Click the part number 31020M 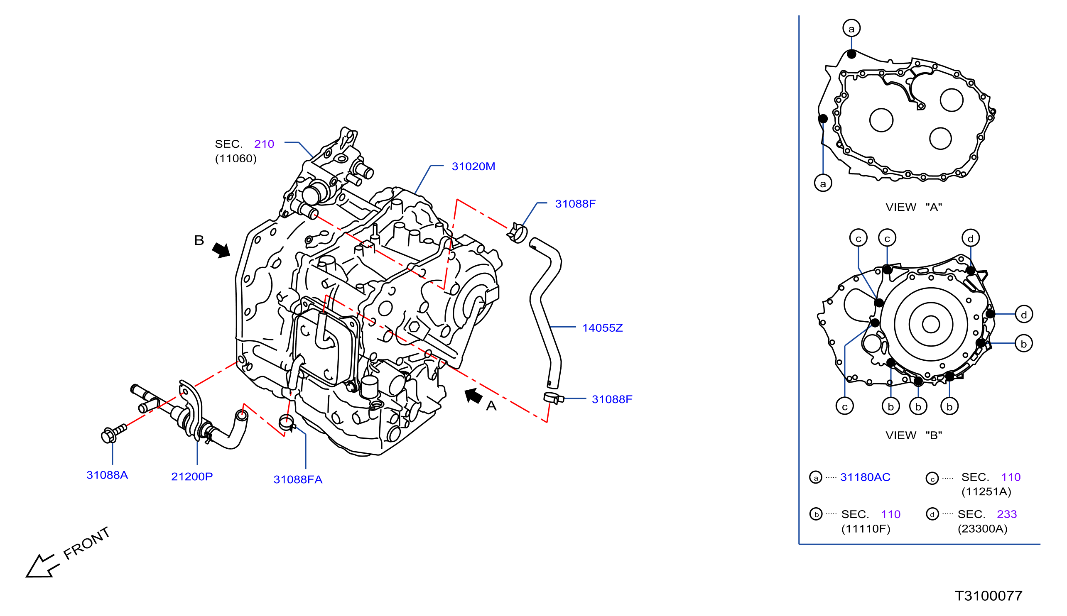473,166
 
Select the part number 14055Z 602,328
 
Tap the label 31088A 107,475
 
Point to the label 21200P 192,477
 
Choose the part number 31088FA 298,479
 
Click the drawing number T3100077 988,596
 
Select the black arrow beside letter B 221,249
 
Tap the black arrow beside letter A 473,396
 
